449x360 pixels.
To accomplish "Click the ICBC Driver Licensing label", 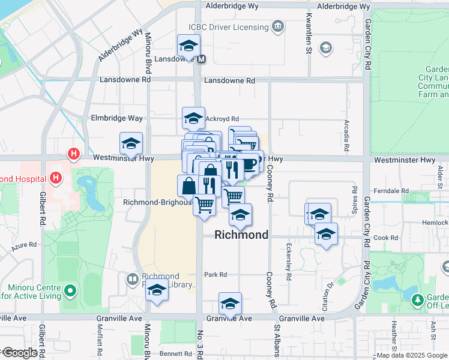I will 228,27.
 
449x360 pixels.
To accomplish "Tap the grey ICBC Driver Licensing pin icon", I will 278,26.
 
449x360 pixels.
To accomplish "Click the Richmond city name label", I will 241,235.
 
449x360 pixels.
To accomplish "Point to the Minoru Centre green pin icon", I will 70,292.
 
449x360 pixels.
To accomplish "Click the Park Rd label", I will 215,275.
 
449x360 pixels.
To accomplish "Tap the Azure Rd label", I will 24,245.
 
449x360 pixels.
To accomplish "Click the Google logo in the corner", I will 20,353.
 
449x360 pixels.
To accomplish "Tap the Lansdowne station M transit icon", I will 202,59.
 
